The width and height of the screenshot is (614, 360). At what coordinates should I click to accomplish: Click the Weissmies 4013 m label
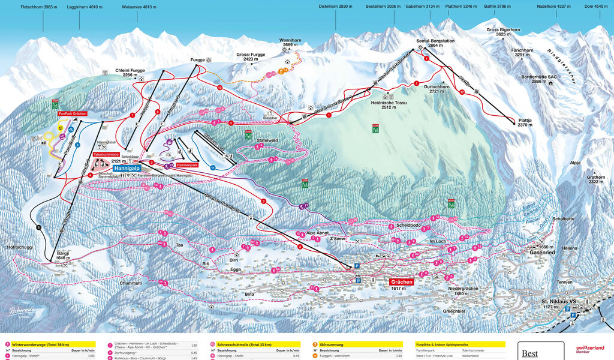coord(139,7)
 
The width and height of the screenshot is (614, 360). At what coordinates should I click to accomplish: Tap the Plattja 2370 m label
coord(525,122)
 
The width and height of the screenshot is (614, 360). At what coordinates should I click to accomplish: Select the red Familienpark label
coord(186,164)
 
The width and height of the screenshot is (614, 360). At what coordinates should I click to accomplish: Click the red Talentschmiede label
coord(106,154)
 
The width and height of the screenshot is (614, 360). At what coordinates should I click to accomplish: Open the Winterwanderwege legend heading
coord(43,345)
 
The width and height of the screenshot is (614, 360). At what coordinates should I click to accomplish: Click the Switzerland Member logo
coord(590,349)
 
